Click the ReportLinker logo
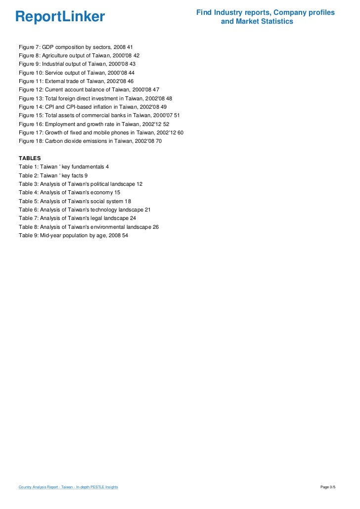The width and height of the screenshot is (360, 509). pos(60,17)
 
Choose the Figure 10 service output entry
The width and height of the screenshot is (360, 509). pos(77,72)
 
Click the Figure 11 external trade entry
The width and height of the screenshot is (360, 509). pos(76,81)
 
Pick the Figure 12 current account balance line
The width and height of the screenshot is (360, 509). pos(89,89)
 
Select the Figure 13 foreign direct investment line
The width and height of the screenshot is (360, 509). pos(95,98)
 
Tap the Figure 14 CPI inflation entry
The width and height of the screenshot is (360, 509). pos(92,107)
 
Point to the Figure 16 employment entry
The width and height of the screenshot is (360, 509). pos(94,124)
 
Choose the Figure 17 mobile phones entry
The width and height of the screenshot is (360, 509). pos(101,132)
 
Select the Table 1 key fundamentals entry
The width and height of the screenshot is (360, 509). pos(64,167)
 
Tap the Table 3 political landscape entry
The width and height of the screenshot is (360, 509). pos(81,184)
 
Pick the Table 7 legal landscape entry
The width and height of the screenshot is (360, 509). pos(77,218)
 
